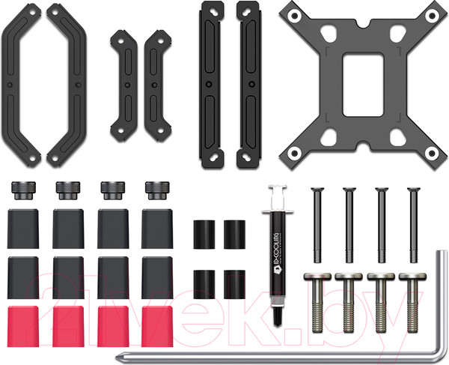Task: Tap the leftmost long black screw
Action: [x=315, y=225]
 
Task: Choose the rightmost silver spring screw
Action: [x=412, y=300]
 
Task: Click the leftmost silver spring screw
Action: [x=315, y=300]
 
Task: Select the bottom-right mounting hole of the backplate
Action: [x=430, y=153]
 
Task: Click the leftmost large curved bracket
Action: [x=22, y=82]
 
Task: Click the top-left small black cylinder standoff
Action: [x=204, y=235]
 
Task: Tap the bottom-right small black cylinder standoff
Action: [x=233, y=281]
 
